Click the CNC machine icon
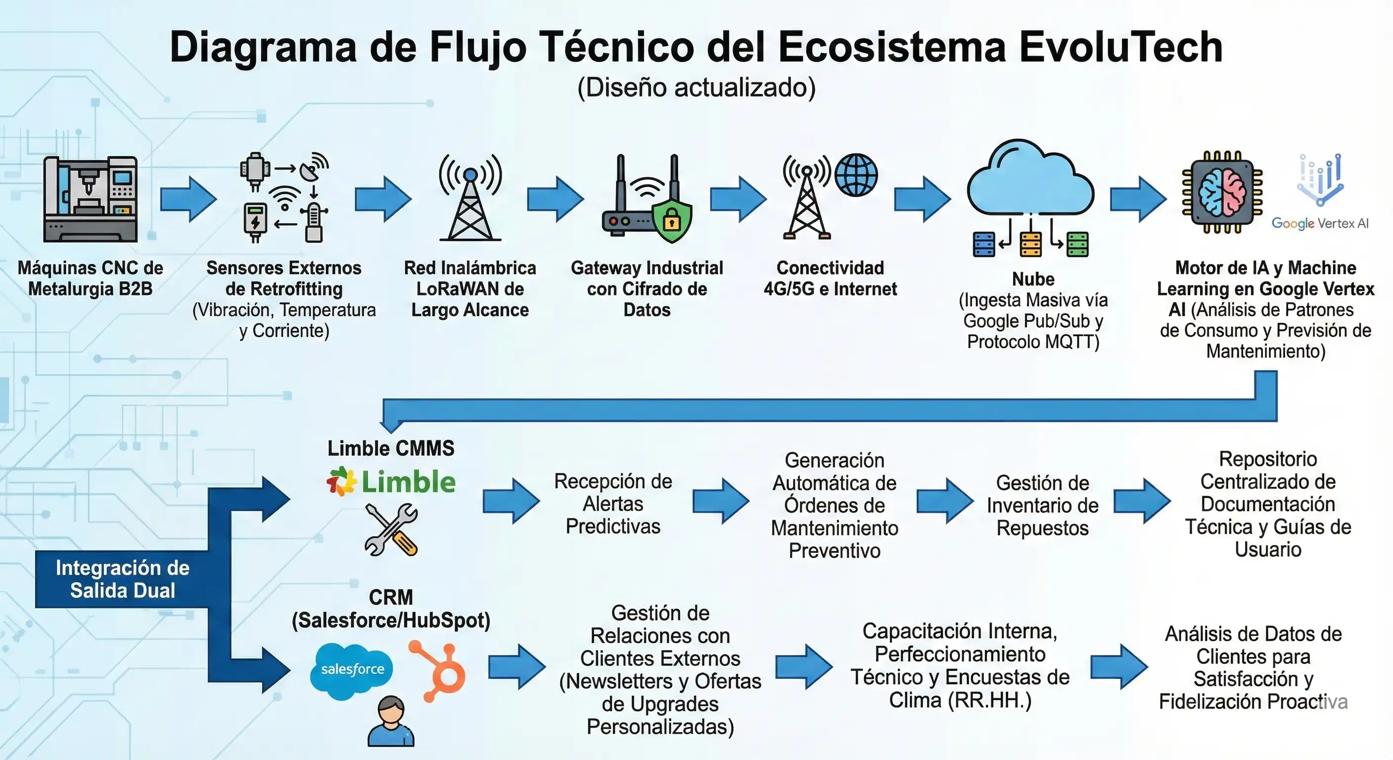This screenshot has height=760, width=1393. pyautogui.click(x=91, y=199)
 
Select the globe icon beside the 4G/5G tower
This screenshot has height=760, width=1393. pyautogui.click(x=856, y=175)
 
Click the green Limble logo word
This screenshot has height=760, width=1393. pyautogui.click(x=408, y=482)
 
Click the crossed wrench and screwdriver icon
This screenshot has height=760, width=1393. pyautogui.click(x=391, y=529)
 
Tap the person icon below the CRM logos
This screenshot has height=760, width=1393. pyautogui.click(x=391, y=721)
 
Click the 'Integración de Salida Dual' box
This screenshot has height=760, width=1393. pyautogui.click(x=122, y=579)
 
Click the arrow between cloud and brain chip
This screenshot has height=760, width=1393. pyautogui.click(x=1138, y=199)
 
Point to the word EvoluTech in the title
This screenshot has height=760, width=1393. pyautogui.click(x=1120, y=47)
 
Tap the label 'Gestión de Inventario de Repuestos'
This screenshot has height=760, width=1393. pyautogui.click(x=1042, y=505)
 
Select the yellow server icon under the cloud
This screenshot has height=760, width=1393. pyautogui.click(x=1030, y=244)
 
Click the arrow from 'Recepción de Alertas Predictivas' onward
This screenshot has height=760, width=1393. pyautogui.click(x=720, y=501)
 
